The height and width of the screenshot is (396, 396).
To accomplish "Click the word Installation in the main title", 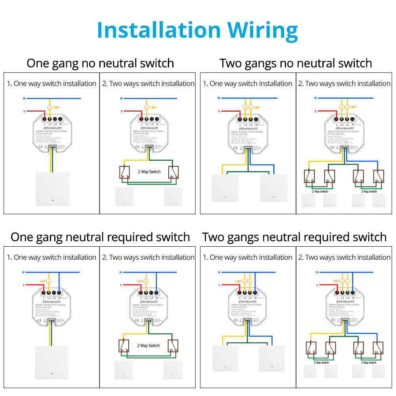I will click(158, 30).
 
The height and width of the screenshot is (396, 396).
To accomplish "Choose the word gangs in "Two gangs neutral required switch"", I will click(240, 237).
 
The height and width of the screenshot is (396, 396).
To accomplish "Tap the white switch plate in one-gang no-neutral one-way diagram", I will click(52, 189).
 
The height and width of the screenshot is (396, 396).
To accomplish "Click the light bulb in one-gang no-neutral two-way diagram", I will click(147, 107).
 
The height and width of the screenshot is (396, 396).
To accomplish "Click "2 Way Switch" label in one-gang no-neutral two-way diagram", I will click(149, 172).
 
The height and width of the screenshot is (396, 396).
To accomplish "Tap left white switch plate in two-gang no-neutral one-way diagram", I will click(225, 188).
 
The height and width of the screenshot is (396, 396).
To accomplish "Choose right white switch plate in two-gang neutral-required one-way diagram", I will click(272, 358).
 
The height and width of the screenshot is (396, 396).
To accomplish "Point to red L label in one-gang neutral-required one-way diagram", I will click(25, 285).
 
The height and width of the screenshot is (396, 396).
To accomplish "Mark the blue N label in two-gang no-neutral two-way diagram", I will click(315, 98).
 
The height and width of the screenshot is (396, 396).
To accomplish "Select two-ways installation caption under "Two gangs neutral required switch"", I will click(344, 257).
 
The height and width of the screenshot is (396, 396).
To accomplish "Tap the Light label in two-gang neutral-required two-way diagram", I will click(336, 281).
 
